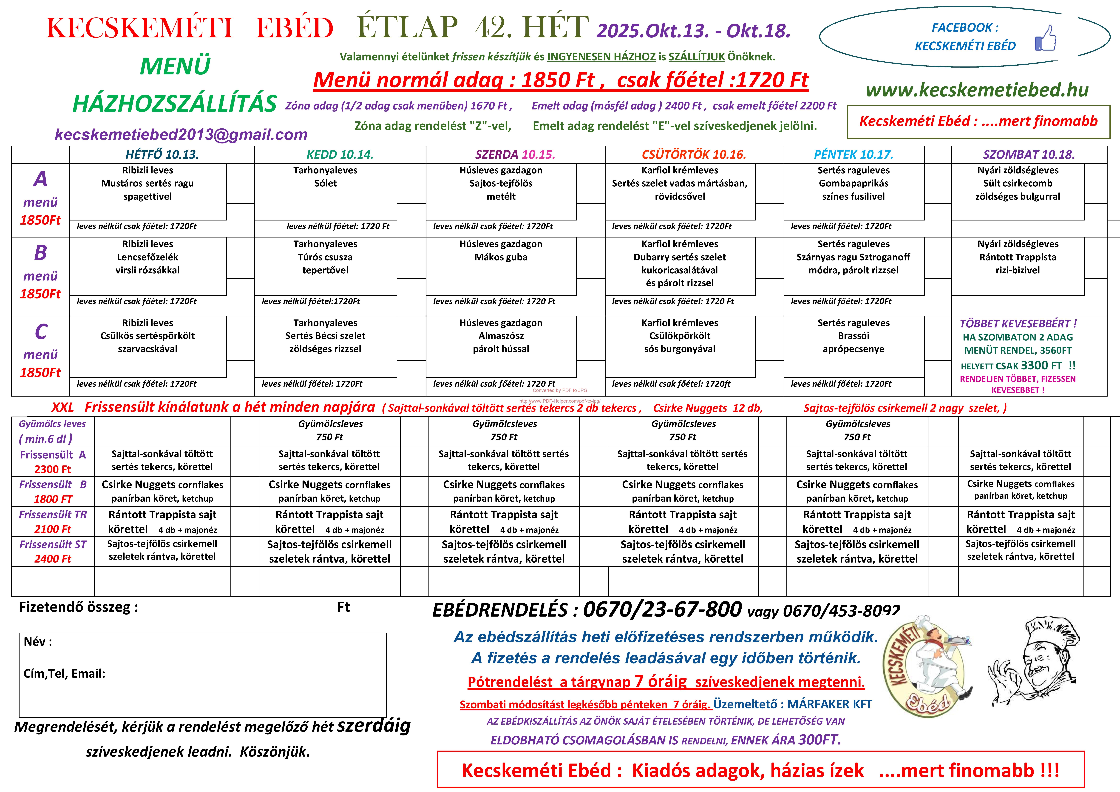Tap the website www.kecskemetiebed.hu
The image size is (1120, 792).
[977, 90]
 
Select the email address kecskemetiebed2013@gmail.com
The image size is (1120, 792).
[181, 134]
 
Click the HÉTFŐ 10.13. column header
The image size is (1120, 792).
[162, 155]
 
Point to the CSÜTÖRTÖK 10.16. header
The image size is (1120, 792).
[694, 155]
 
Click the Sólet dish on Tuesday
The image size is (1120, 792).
[325, 183]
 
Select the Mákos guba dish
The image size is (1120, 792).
[501, 257]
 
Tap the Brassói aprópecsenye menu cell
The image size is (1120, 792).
[853, 342]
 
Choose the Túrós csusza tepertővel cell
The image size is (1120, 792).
[325, 263]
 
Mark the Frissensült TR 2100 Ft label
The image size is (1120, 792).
[53, 522]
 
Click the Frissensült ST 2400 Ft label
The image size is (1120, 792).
[53, 551]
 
